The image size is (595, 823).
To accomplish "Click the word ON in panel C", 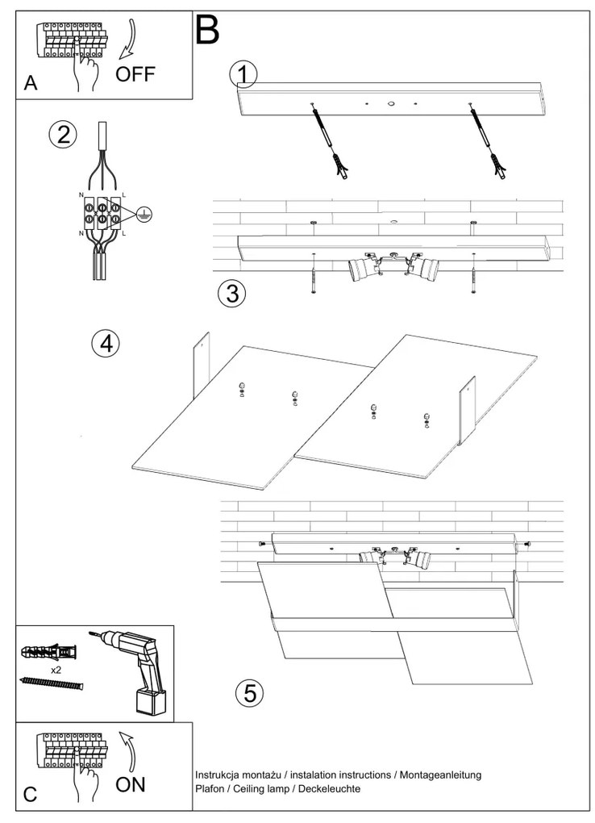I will (131, 784).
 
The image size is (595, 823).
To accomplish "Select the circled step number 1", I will (243, 75).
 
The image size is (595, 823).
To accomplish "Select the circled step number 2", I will (62, 135).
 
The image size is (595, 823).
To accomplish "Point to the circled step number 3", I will (232, 294).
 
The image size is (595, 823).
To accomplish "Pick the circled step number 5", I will (249, 691).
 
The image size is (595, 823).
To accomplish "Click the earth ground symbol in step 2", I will (143, 214).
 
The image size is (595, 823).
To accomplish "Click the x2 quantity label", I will (57, 670).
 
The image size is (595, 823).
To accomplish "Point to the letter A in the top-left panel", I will (31, 84).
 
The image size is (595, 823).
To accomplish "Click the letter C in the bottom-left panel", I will (31, 795).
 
